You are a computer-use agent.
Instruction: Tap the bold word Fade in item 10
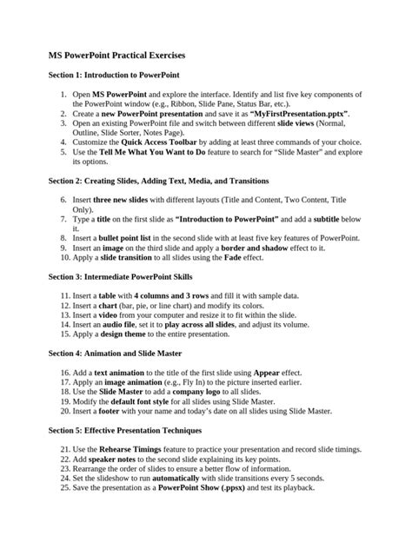click(233, 258)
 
